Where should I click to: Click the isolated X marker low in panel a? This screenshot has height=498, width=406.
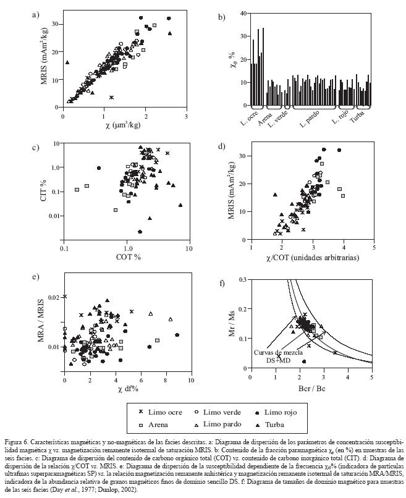tap(112, 98)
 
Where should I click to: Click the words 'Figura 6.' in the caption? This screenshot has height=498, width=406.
tap(17, 443)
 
